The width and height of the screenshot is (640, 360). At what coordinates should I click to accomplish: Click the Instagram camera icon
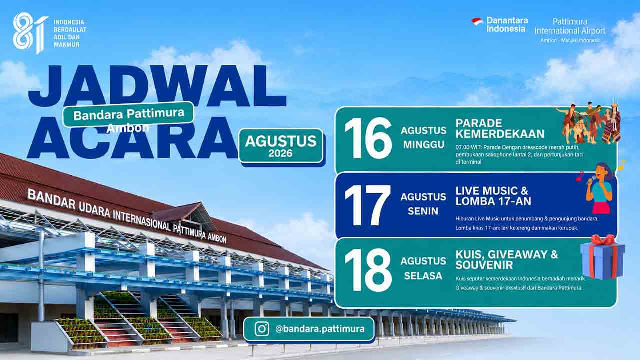click(x=262, y=329)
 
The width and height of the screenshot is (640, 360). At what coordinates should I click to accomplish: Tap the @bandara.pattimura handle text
click(x=320, y=329)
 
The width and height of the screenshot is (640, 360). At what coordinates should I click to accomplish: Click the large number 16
click(x=368, y=138)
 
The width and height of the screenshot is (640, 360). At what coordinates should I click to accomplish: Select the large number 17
click(x=367, y=205)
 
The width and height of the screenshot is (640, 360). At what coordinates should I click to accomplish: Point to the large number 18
click(x=368, y=270)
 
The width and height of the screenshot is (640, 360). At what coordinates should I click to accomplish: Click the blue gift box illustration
click(x=603, y=257)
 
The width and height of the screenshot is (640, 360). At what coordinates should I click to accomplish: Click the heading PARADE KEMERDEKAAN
click(x=500, y=129)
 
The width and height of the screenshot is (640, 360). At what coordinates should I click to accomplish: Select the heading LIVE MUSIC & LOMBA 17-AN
click(x=493, y=196)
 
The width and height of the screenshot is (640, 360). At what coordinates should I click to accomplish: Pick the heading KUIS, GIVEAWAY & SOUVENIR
click(x=507, y=260)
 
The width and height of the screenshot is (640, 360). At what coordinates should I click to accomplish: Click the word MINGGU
click(x=423, y=145)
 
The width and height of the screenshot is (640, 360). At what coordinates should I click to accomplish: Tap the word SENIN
click(x=423, y=211)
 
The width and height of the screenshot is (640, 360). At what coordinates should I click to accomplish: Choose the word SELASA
click(x=423, y=276)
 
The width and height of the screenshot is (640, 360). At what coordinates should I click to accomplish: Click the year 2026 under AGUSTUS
click(x=280, y=153)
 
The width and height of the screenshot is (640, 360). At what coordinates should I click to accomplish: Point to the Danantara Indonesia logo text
click(x=507, y=24)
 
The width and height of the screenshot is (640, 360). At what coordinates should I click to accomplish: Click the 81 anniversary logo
click(x=30, y=32)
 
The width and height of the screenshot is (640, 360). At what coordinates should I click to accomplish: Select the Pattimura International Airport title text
click(x=570, y=26)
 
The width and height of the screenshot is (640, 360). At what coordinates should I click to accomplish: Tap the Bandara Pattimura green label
click(x=128, y=114)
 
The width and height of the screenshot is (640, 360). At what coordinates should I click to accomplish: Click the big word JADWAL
click(x=157, y=85)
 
